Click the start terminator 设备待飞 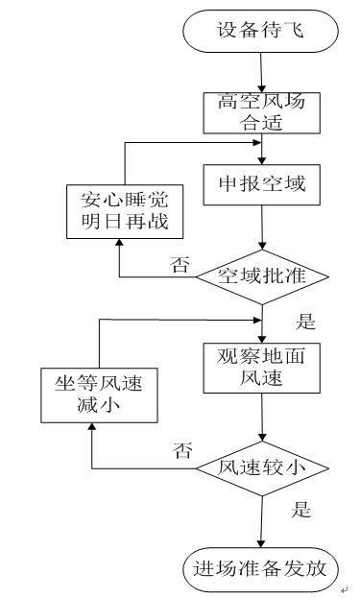(261, 31)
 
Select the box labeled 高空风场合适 (261, 112)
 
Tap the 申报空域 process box (261, 182)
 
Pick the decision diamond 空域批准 (262, 276)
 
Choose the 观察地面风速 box (261, 367)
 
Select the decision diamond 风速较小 (262, 468)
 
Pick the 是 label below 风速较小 (300, 509)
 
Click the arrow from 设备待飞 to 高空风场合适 (261, 72)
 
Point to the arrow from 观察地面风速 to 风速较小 (261, 419)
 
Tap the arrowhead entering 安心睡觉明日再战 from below (118, 247)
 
